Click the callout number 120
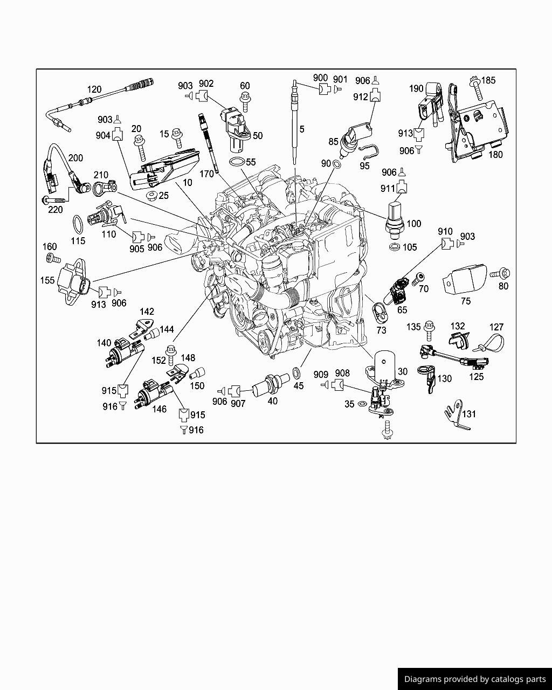94,89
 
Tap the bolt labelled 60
245,102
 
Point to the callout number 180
495,155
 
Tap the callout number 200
75,158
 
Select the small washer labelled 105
394,247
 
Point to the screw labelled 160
53,258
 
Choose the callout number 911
388,188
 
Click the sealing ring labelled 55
237,162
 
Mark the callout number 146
160,409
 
